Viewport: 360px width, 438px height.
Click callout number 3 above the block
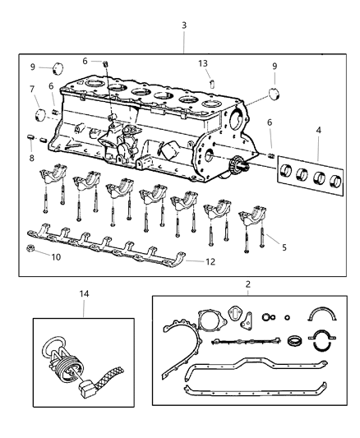[x=183, y=25]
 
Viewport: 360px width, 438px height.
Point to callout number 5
[x=284, y=246]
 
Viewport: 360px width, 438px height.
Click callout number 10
[x=57, y=257]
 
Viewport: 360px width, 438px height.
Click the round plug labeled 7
[x=39, y=113]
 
